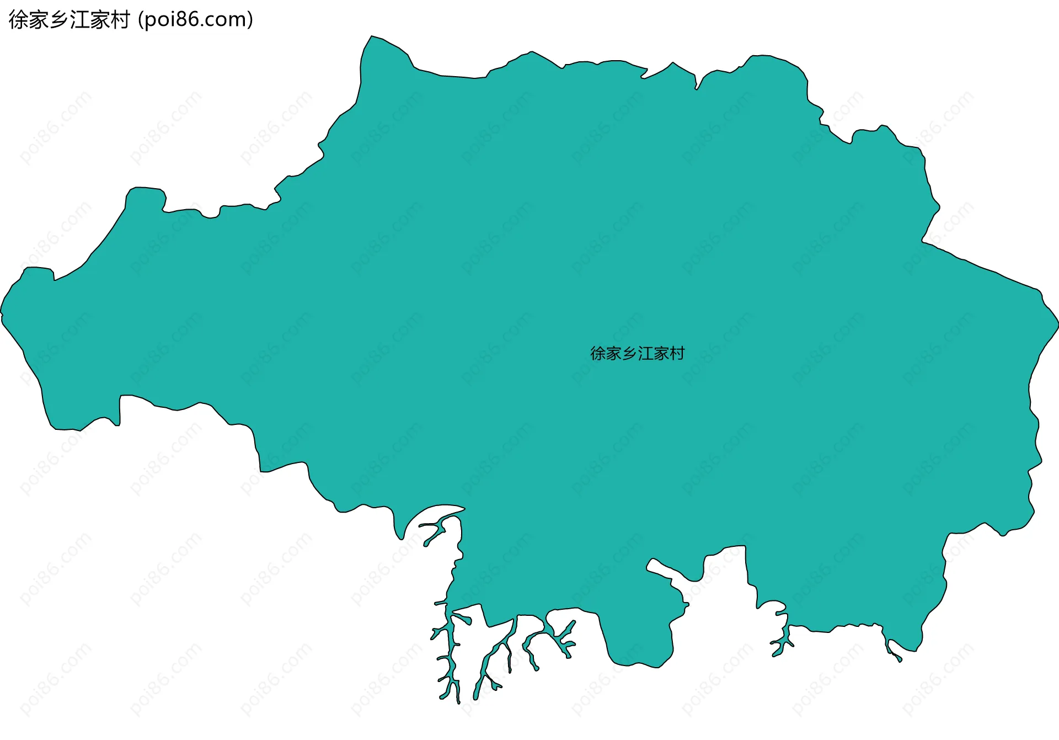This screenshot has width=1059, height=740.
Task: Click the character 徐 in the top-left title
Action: (x=19, y=20)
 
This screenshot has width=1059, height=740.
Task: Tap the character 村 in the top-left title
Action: (x=120, y=20)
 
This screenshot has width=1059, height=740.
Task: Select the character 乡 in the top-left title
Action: (x=59, y=20)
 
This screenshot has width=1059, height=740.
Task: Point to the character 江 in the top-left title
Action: (x=79, y=20)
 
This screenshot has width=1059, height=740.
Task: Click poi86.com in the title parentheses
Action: (x=195, y=20)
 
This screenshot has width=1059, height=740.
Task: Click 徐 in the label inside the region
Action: (x=598, y=353)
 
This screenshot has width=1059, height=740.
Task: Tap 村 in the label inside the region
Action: (x=677, y=353)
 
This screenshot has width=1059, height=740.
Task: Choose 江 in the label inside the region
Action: (x=645, y=353)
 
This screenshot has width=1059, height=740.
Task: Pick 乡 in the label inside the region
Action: (x=629, y=353)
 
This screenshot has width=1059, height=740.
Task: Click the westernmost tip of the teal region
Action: (x=2, y=313)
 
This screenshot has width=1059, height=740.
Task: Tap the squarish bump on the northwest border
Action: (x=145, y=196)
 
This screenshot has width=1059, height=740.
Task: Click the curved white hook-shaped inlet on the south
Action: (x=436, y=513)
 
